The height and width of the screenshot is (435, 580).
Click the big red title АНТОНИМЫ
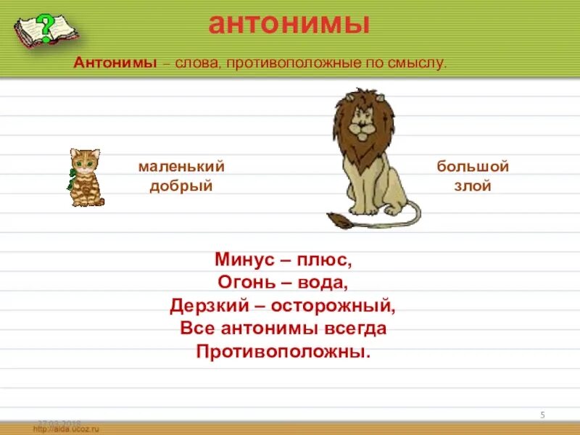click(289, 24)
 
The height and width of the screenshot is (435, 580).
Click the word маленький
click(181, 167)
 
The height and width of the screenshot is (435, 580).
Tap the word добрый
click(181, 186)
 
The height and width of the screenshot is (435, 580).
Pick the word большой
click(473, 167)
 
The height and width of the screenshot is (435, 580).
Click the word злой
click(473, 186)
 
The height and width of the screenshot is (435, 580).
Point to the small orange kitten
click(86, 178)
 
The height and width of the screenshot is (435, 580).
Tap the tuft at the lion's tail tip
click(337, 220)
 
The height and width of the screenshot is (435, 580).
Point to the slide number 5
click(542, 415)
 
